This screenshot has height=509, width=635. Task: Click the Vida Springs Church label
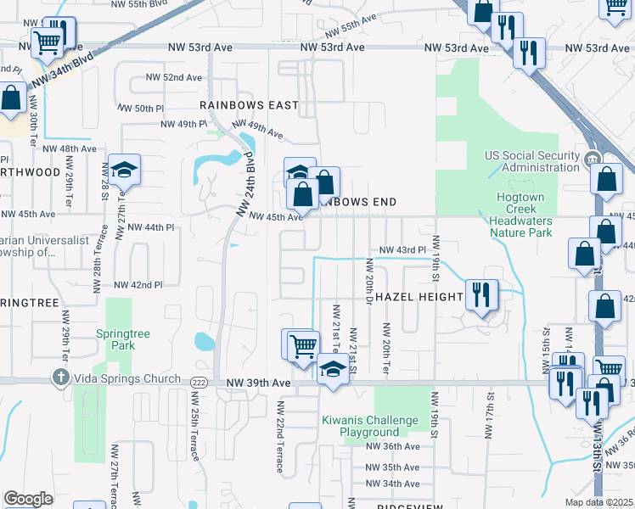[x=126, y=378]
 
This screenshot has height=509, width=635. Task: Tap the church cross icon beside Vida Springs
[x=61, y=378]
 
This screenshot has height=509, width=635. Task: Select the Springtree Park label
[x=123, y=339]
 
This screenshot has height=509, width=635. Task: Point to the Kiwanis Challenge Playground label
[x=369, y=426]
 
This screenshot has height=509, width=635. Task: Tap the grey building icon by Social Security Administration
[x=593, y=158]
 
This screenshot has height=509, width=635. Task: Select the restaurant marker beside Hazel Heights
[x=481, y=295]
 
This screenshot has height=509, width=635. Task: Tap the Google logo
[x=28, y=499]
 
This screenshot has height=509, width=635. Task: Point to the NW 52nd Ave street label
[x=175, y=77]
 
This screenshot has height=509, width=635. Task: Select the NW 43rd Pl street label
[x=401, y=250]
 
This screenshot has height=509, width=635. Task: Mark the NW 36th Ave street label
[x=392, y=446]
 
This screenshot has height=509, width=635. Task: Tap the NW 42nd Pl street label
[x=138, y=285]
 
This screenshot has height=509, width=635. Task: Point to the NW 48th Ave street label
[x=73, y=148]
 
